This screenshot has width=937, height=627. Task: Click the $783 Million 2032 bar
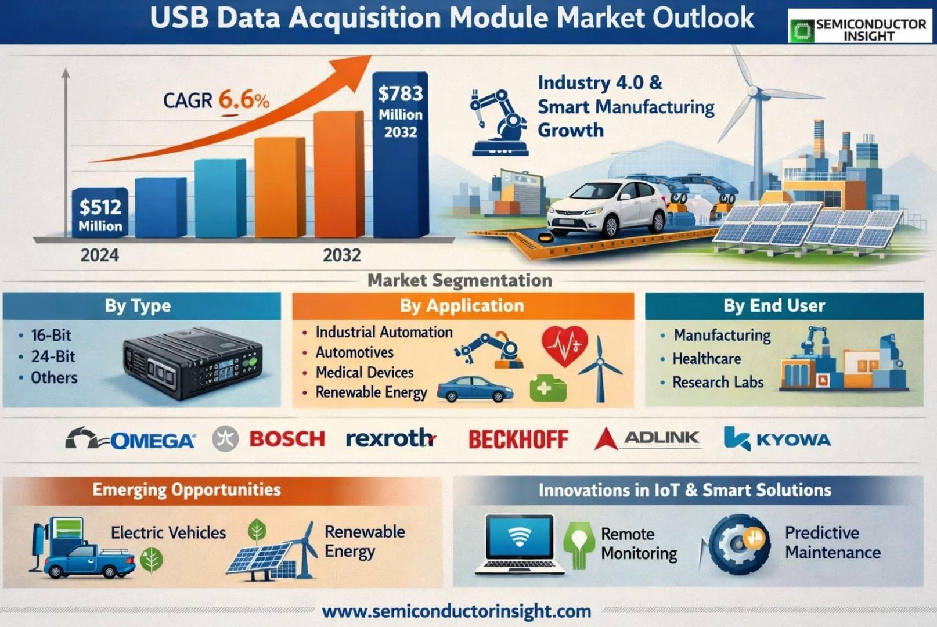click(x=401, y=155)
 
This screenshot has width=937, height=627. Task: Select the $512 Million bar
click(x=100, y=213)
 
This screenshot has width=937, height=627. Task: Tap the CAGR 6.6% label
click(x=217, y=100)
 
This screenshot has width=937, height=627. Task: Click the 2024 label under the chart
click(x=99, y=255)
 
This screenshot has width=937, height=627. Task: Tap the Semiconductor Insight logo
click(x=860, y=26)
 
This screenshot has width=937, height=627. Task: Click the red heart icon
click(x=565, y=345)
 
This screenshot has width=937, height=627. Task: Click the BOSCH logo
click(x=287, y=439)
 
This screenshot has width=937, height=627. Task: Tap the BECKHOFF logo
click(x=518, y=439)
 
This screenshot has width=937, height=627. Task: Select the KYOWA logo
click(x=777, y=438)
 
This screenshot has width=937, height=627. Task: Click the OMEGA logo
click(x=131, y=439)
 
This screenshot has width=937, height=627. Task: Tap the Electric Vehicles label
click(x=168, y=532)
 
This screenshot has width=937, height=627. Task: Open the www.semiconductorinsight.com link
click(x=456, y=611)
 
